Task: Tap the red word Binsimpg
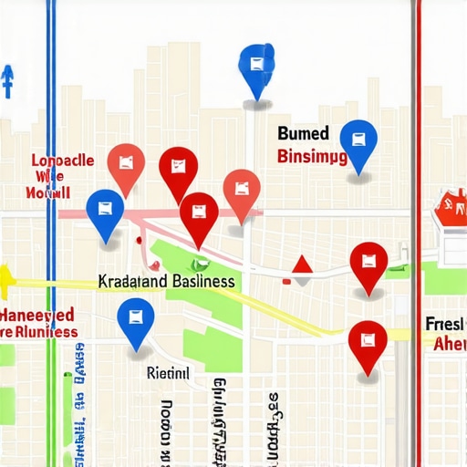[311, 157]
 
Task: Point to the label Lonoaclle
[63, 161]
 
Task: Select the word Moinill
[49, 193]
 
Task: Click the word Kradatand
[131, 282]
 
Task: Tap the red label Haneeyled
[38, 315]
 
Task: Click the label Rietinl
[168, 372]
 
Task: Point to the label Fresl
[446, 324]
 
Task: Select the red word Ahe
[450, 344]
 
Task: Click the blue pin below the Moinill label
[105, 212]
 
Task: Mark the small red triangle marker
[302, 265]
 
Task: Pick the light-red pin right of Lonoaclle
[126, 165]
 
